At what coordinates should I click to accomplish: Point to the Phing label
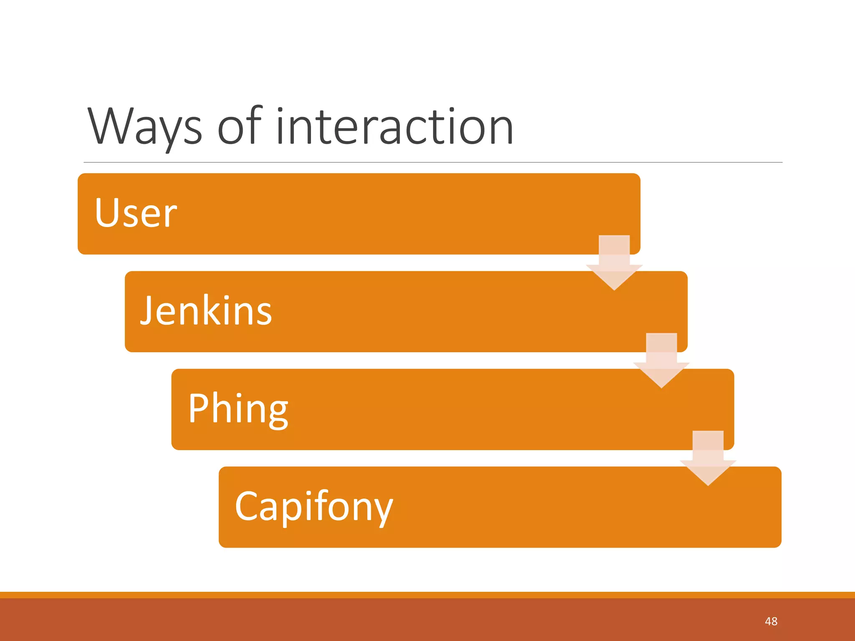pos(238,409)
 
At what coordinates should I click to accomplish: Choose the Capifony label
pos(314,507)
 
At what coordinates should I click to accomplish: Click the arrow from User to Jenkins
pos(614,263)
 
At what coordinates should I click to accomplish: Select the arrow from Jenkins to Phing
pos(661,361)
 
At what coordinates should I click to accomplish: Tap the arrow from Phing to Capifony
pos(708,458)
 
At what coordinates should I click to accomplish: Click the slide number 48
pos(771,621)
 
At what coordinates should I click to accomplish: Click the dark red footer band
pos(417,620)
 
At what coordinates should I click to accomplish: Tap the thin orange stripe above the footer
pos(417,595)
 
